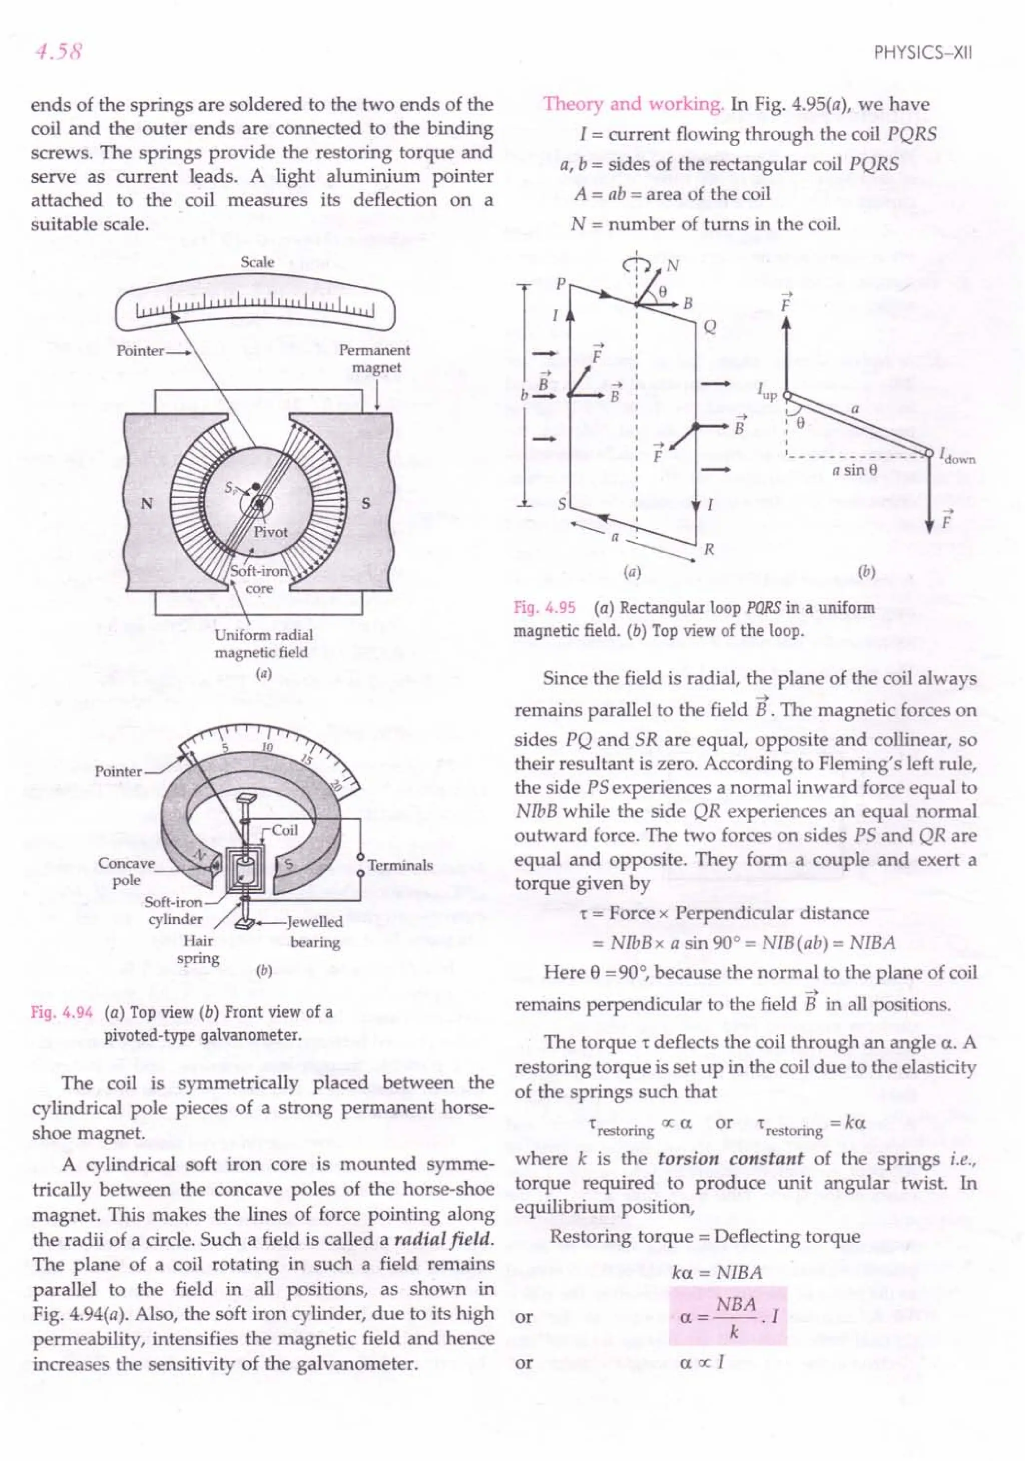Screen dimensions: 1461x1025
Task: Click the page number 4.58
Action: [x=59, y=50]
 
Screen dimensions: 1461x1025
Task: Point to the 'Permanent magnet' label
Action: [x=374, y=358]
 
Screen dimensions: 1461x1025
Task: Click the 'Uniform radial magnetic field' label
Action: [x=263, y=643]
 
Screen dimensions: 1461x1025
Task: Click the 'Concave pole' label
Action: [x=126, y=872]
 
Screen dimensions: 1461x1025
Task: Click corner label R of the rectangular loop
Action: [x=709, y=549]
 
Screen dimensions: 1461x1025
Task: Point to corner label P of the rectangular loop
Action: [x=561, y=284]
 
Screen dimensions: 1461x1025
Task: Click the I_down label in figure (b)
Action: [x=956, y=454]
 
